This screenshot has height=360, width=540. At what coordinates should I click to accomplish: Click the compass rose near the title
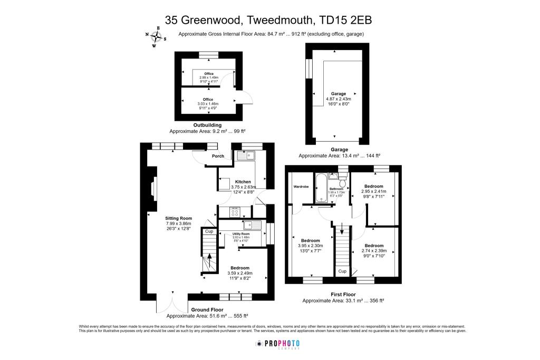[156, 36]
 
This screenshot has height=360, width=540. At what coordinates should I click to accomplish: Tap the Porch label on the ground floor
[218, 156]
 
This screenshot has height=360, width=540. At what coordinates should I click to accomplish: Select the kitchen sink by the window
[246, 155]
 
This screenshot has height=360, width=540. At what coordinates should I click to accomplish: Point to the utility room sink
[256, 226]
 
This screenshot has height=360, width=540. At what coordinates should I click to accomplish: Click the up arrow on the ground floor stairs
[210, 258]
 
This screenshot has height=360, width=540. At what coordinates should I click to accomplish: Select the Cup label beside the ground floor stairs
[208, 231]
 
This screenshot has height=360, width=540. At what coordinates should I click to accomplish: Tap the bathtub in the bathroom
[321, 188]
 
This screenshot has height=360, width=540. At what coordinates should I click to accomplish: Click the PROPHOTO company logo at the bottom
[277, 344]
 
